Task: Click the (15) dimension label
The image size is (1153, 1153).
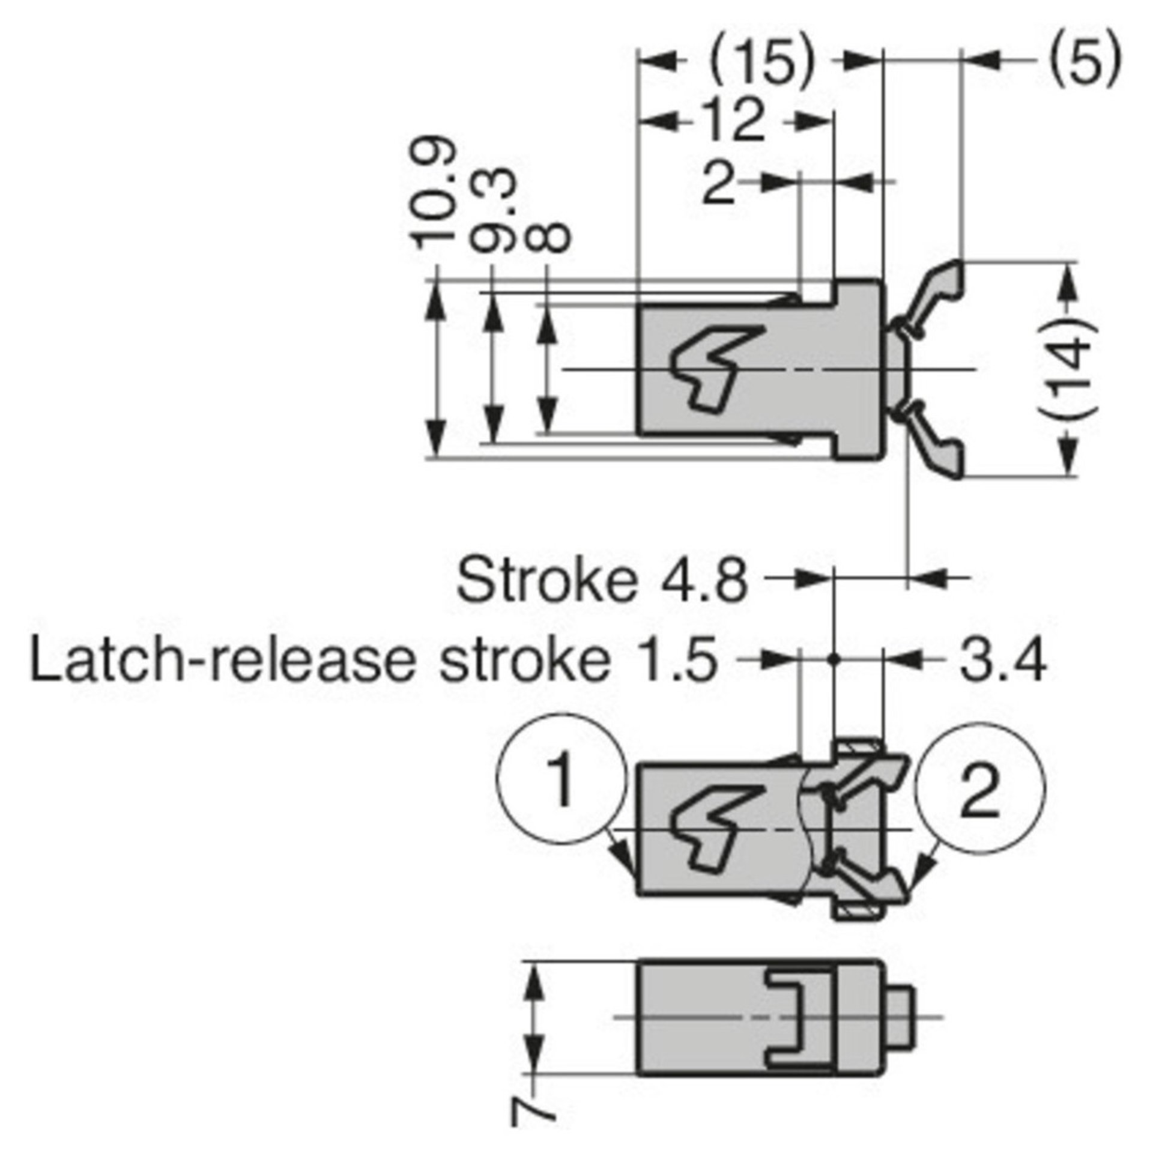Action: (x=761, y=62)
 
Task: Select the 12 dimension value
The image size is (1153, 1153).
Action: (x=737, y=121)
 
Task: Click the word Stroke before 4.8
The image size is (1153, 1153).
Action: (x=544, y=580)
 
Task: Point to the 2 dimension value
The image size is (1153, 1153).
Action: (x=719, y=185)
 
